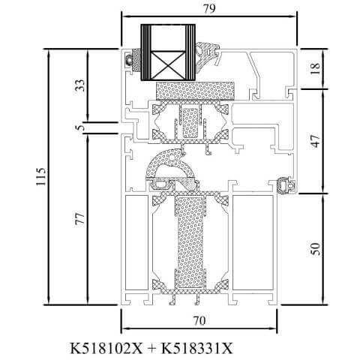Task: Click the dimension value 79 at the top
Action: [x=209, y=9]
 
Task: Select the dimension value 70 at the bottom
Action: [x=199, y=320]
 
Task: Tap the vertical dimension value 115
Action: [x=41, y=177]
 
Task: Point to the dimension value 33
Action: [x=80, y=85]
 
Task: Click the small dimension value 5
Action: [x=80, y=127]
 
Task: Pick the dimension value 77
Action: [x=80, y=218]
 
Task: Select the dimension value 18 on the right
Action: [x=316, y=68]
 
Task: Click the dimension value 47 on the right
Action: [x=316, y=141]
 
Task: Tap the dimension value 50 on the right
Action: [x=316, y=249]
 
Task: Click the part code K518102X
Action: [x=106, y=348]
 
